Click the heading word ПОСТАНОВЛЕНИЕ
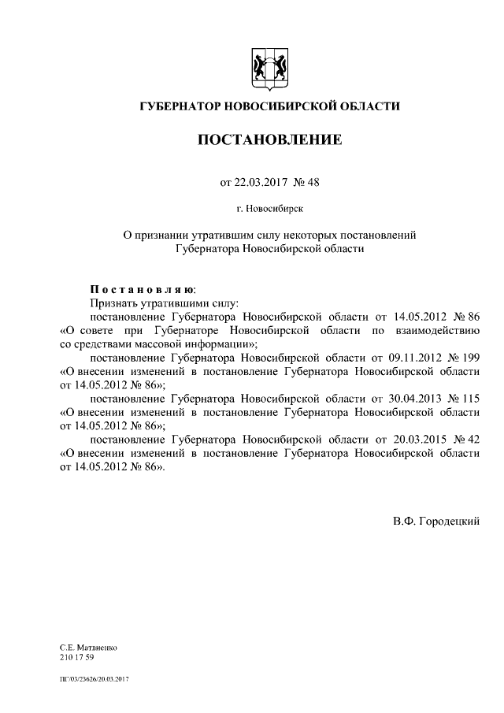pos(269,140)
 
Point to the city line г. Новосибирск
pos(269,210)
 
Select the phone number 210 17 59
pos(76,656)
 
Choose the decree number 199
pos(470,357)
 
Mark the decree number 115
pos(470,398)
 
